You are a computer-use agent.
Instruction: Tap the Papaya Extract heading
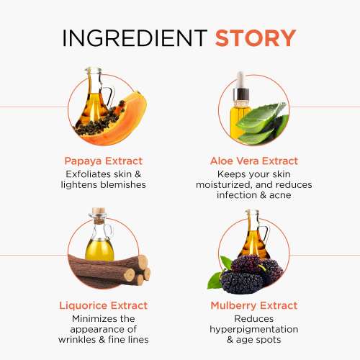pos(103,161)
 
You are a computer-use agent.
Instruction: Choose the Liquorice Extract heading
pos(103,305)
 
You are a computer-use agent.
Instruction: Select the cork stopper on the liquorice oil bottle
pos(99,214)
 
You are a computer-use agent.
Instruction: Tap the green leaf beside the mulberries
pos(215,279)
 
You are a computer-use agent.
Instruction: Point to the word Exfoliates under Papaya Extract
pos(89,174)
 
